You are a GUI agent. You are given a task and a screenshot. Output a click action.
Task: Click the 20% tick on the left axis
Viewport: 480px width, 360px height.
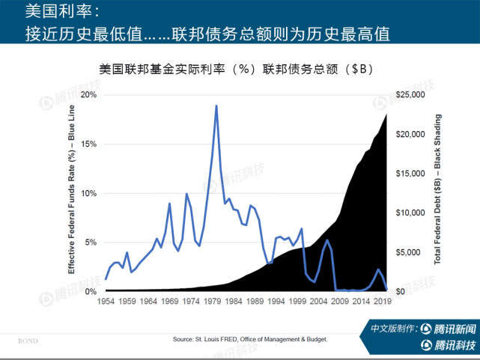coord(88,95)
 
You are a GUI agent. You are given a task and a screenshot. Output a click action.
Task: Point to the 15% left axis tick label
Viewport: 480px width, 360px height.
coord(88,144)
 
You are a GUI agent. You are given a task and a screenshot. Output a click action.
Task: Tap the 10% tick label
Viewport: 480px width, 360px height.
coord(88,193)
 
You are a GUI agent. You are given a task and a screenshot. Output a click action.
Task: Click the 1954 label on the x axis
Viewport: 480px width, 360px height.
coord(106,302)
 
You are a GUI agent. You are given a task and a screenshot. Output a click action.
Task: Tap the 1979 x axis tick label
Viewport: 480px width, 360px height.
coord(213,302)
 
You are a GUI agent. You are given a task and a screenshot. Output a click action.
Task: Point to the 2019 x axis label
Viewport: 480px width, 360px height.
coord(383,302)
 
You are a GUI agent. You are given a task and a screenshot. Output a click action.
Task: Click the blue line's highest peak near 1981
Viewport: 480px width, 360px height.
coord(216,106)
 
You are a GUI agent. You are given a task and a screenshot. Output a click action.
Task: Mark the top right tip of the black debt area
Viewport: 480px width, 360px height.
coord(386,115)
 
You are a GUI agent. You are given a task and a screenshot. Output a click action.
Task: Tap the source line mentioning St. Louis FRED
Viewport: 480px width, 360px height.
coord(250,339)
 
